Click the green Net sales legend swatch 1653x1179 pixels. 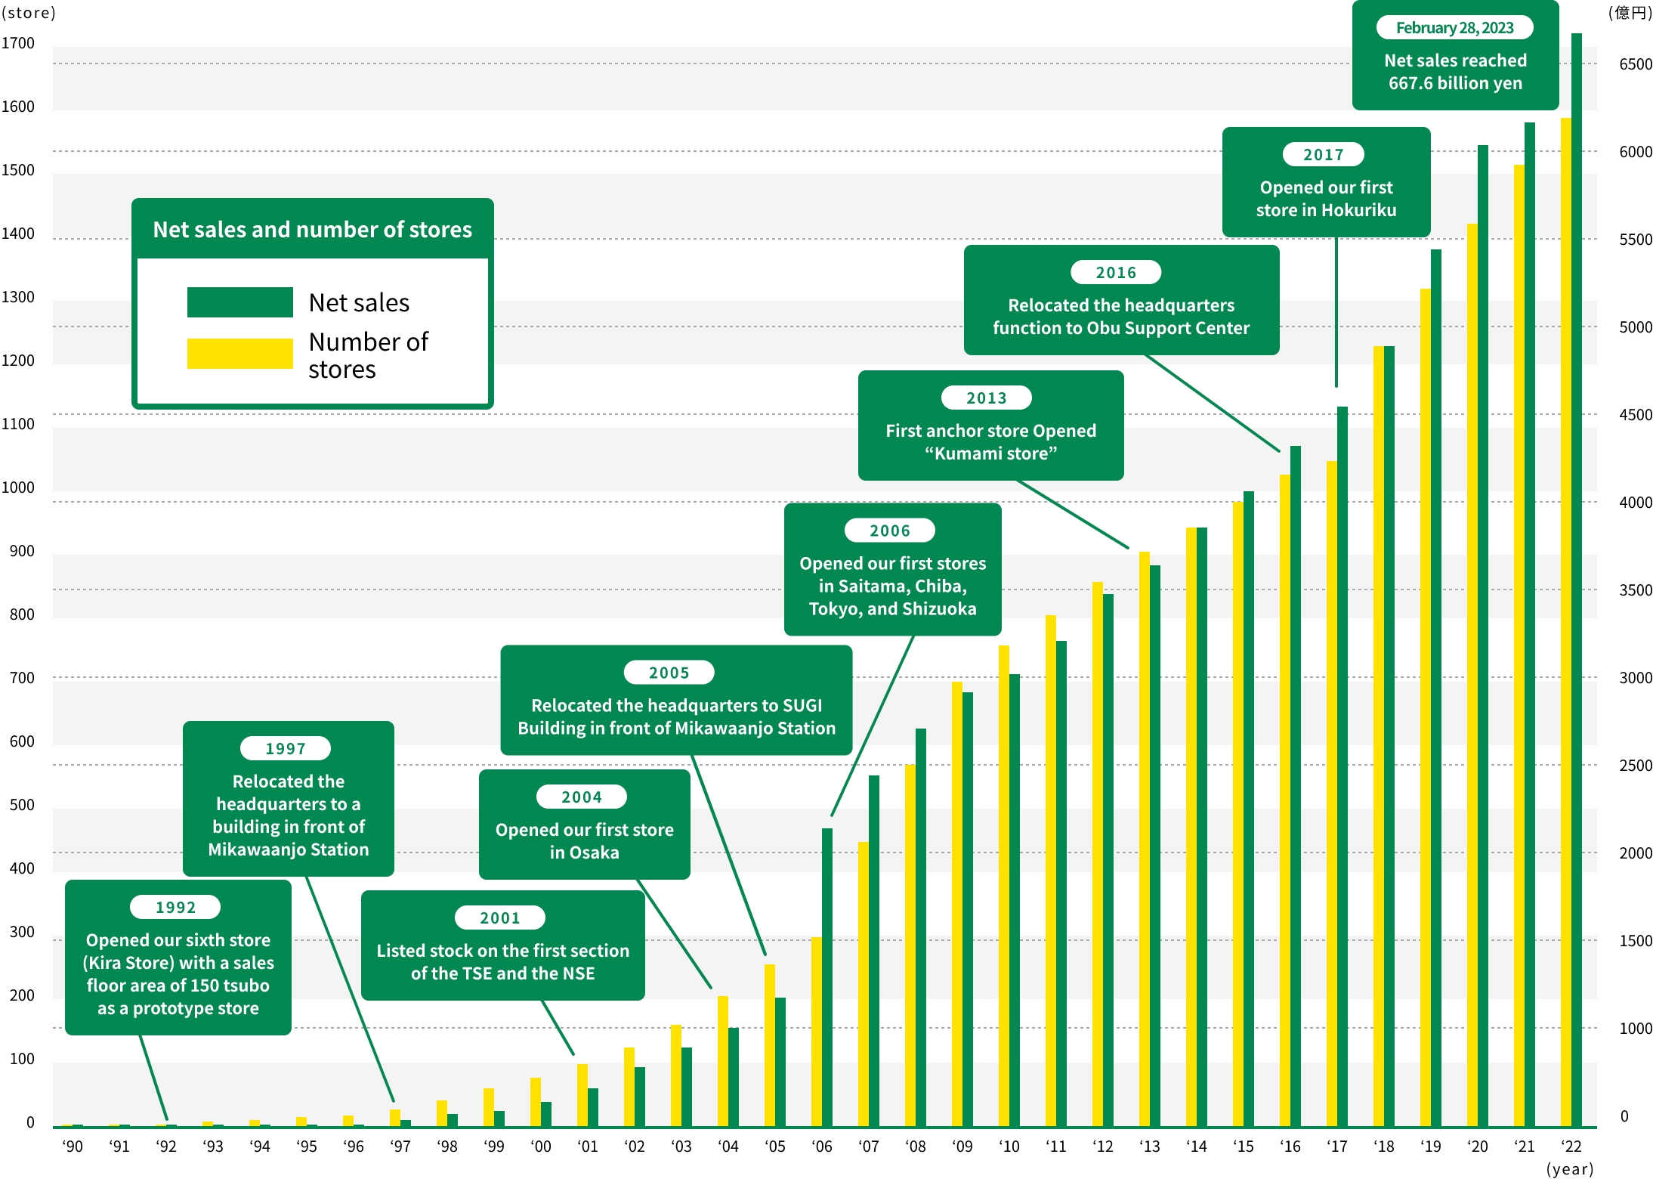(239, 302)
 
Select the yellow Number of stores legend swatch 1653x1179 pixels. (239, 353)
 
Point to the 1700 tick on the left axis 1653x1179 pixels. (18, 43)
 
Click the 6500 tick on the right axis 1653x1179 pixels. (1635, 64)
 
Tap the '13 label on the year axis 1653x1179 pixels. (1149, 1147)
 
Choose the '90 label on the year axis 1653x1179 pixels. (73, 1147)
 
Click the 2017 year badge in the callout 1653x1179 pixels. (1323, 154)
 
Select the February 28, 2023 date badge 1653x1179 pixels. (1454, 28)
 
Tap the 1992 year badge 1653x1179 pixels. (175, 907)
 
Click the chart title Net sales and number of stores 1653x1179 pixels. (312, 229)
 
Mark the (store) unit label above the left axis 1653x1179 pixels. (29, 13)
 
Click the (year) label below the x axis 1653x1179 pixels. (1569, 1169)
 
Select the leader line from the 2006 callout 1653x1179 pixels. (873, 726)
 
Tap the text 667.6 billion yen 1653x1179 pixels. (1454, 83)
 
